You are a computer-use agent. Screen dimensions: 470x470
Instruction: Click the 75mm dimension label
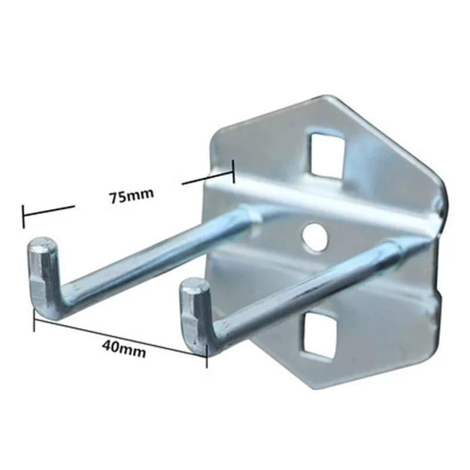point(131,196)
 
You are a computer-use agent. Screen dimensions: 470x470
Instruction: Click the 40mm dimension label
point(124,350)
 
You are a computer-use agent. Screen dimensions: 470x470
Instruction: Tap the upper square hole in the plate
point(327,155)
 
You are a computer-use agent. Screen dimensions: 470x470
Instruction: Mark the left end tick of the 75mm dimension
point(23,216)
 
